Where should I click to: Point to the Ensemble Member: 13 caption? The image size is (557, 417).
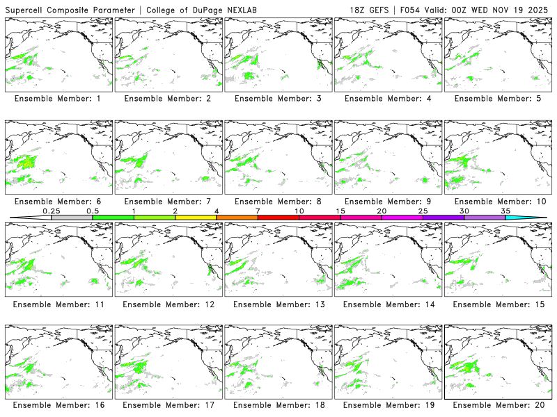click(x=279, y=304)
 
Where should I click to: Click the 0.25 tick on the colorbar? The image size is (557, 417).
click(x=52, y=211)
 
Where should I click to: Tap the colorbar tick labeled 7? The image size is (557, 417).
click(x=258, y=211)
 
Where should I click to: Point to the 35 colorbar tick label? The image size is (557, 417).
click(x=505, y=211)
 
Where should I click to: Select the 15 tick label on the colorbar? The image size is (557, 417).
click(x=340, y=211)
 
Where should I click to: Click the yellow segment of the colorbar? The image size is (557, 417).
click(x=196, y=218)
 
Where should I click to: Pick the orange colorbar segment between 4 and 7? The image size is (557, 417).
click(x=237, y=218)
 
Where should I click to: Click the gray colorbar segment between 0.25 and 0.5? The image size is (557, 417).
click(x=72, y=218)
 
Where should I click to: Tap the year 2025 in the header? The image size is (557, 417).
click(x=539, y=9)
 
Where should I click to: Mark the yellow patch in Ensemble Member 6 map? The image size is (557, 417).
click(x=26, y=162)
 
